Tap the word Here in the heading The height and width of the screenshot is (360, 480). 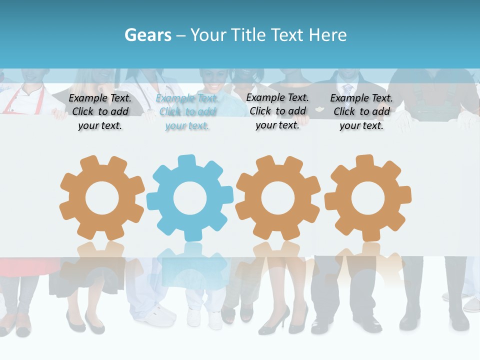coord(327,35)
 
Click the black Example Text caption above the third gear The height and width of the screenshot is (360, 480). coord(277,111)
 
